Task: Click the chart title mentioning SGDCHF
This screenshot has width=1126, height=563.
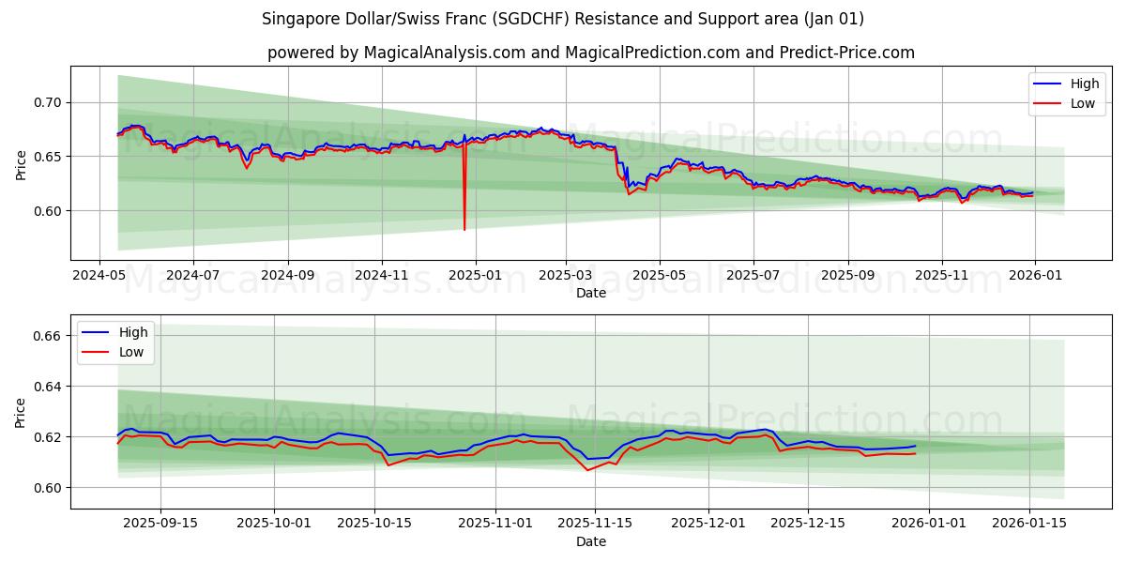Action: coord(563,19)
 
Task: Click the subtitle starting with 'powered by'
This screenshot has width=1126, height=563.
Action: coord(591,53)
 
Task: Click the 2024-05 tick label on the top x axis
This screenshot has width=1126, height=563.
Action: coord(99,276)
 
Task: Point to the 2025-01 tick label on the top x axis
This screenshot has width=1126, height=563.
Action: coord(475,276)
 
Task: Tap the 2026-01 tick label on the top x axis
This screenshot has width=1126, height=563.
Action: coord(1034,276)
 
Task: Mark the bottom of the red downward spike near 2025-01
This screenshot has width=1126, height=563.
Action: coord(464,230)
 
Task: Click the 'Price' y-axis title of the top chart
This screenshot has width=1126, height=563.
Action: coord(22,164)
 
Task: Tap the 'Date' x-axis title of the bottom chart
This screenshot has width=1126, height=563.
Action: coord(591,542)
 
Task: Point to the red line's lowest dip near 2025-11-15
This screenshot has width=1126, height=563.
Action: coord(588,470)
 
